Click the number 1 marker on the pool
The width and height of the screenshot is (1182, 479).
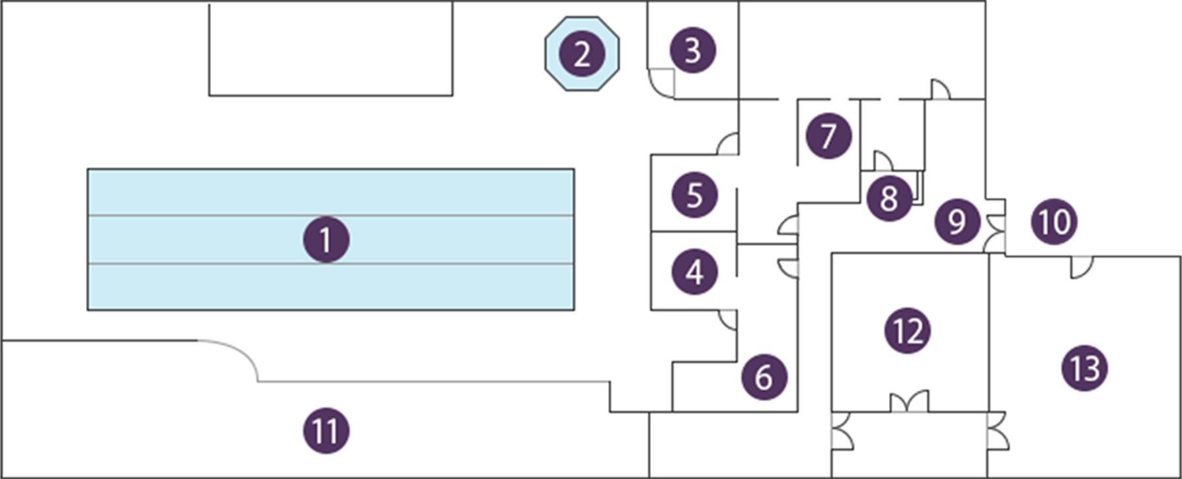tap(326, 239)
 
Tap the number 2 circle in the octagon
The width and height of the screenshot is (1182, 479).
tap(582, 53)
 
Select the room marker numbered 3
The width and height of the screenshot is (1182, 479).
tap(693, 50)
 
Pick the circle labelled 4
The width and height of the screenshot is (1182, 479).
tap(695, 271)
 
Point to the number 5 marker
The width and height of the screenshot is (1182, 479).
tap(695, 195)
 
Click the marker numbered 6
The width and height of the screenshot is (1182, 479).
tap(764, 377)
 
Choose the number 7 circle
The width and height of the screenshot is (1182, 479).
tap(829, 135)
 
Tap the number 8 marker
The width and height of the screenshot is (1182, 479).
tap(889, 198)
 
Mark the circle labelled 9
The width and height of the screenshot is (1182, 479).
tap(957, 221)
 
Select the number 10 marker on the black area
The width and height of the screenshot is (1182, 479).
tap(1054, 222)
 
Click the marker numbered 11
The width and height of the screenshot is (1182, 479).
tap(326, 431)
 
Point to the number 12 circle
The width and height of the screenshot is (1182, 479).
tap(908, 330)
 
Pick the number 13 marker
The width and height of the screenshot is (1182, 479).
tap(1085, 368)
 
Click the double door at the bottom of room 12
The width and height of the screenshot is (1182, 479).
tap(909, 402)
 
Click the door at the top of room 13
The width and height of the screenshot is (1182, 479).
tap(1082, 266)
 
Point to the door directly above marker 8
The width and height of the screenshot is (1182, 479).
tap(882, 160)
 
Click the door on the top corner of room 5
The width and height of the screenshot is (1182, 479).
tap(728, 144)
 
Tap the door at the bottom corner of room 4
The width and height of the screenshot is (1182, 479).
tap(728, 319)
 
